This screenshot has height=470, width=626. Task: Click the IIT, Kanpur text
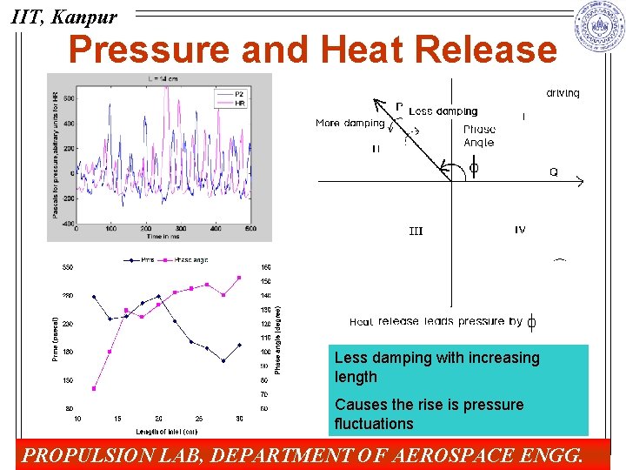63,16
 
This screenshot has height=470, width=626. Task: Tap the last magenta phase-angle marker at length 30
239,278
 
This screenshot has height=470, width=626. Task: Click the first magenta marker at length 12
93,388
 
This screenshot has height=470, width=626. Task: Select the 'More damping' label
350,124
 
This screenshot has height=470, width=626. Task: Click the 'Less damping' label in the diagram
443,111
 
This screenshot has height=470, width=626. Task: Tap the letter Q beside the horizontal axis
554,172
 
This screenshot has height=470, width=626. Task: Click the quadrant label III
416,231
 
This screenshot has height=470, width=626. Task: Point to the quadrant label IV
519,230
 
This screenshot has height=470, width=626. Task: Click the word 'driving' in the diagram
563,93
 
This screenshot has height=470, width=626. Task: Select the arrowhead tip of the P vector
375,100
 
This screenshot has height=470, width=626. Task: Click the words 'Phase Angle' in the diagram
478,136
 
